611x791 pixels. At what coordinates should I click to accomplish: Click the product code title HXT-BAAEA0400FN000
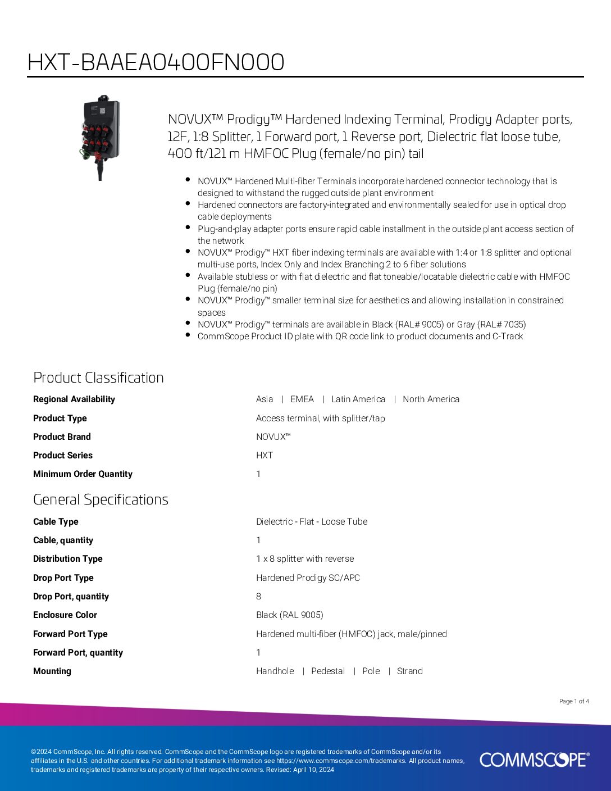coord(156,62)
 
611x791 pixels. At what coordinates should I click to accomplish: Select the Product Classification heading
coord(98,378)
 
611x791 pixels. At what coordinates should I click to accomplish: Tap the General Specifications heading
coord(101,499)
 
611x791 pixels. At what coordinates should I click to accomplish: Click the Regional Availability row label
coord(74,399)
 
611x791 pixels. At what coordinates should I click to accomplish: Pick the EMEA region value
coord(302,399)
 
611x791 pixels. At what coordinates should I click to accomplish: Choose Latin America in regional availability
coord(358,399)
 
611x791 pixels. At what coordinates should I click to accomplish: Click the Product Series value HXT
coord(265,455)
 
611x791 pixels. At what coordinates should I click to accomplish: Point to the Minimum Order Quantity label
coord(83,474)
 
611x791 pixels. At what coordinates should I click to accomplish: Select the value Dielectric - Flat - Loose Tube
coord(312,521)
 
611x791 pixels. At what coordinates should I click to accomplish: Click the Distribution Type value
coord(305,558)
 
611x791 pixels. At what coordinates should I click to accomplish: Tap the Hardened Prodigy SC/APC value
coord(308,578)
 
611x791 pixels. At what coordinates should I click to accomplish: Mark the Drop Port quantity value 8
coord(258,596)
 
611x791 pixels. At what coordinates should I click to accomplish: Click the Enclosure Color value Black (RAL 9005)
coord(289,615)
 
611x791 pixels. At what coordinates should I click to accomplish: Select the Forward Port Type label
coord(70,634)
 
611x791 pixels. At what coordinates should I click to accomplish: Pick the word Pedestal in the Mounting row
coord(328,671)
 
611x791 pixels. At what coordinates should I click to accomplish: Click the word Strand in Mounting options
coord(409,671)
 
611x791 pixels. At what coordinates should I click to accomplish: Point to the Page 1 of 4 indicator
coord(574,701)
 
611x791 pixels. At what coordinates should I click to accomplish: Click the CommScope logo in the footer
coord(534,760)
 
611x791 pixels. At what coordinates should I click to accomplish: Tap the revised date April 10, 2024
coord(313,770)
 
